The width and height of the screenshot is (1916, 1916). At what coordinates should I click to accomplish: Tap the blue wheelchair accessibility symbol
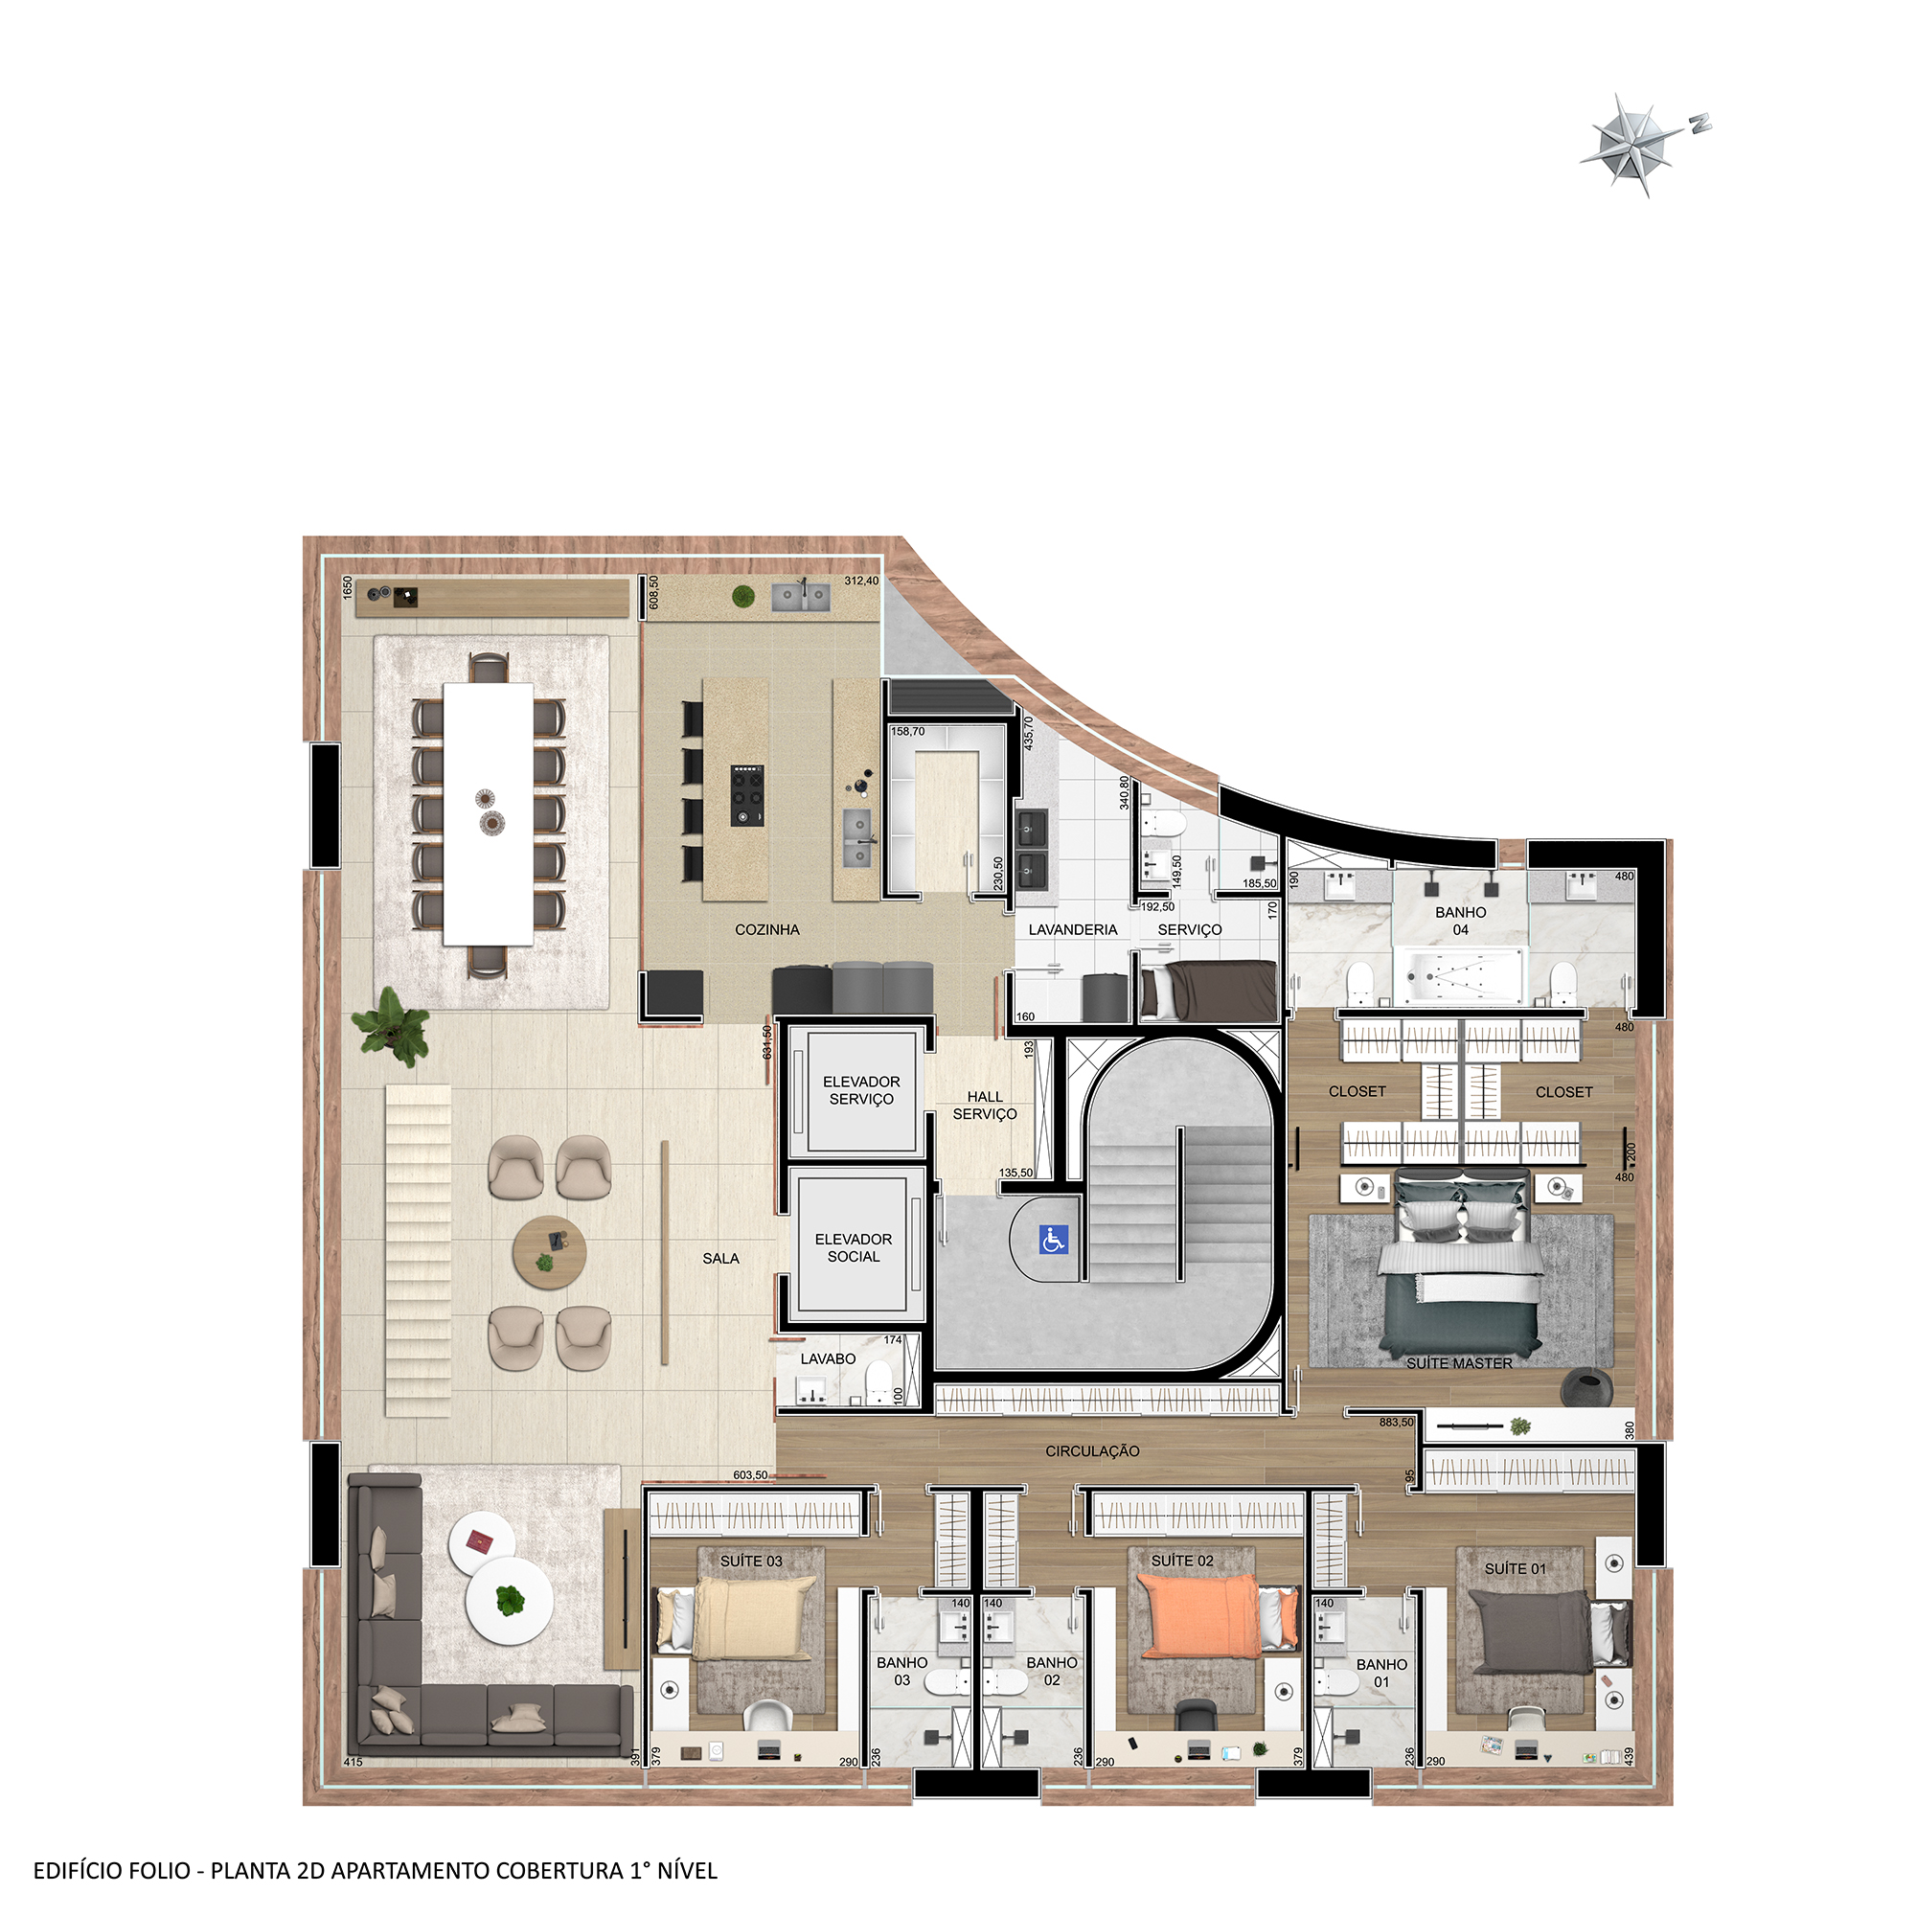(x=1053, y=1239)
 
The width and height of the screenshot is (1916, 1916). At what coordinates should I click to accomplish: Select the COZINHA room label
(x=766, y=929)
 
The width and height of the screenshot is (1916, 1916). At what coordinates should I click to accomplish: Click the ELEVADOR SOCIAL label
(x=853, y=1247)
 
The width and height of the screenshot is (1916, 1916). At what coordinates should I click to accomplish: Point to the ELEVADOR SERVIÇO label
(x=861, y=1090)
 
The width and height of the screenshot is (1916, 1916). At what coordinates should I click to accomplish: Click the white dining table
(x=488, y=813)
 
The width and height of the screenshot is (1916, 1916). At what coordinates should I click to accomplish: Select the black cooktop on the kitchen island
(x=748, y=794)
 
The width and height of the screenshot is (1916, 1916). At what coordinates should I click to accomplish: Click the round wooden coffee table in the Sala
(x=548, y=1251)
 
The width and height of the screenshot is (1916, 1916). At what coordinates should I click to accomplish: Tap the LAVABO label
(x=827, y=1358)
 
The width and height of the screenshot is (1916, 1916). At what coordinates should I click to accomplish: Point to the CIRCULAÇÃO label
(x=1092, y=1450)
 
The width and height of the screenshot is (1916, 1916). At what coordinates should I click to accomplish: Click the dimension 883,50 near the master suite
(x=1397, y=1422)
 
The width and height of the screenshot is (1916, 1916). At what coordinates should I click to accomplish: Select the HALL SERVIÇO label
(x=984, y=1105)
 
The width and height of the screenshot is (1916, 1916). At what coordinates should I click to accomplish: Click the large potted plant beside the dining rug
(x=392, y=1024)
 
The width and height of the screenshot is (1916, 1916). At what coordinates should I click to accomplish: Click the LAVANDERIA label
(x=1072, y=929)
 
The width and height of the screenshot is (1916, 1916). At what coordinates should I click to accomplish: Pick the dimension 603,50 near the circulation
(x=751, y=1474)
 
